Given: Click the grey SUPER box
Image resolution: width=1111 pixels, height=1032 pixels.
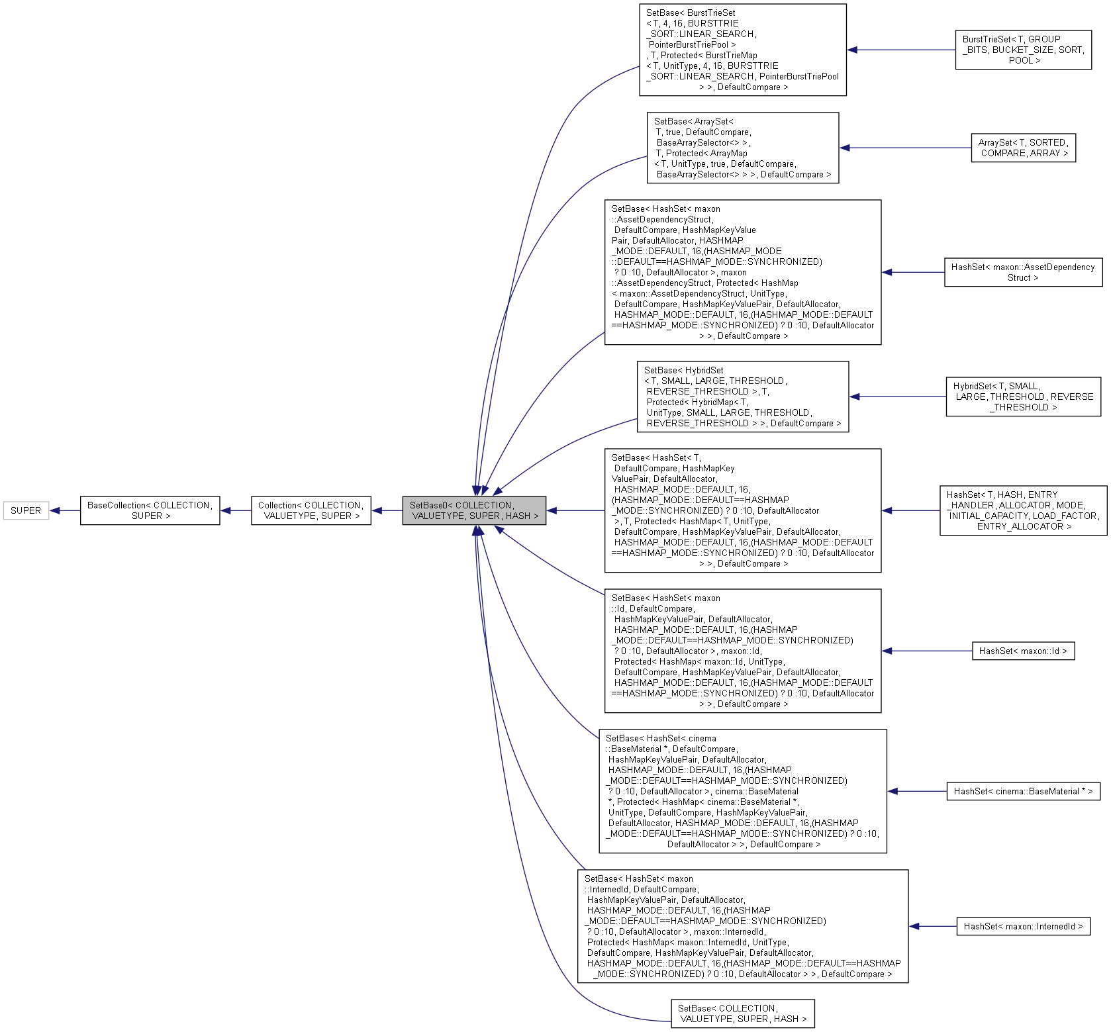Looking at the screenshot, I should coord(26,510).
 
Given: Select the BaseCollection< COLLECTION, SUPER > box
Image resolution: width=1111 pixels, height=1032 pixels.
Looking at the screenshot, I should coord(150,510).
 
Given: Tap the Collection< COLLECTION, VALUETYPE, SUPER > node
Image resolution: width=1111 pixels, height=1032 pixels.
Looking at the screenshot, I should coord(311,510).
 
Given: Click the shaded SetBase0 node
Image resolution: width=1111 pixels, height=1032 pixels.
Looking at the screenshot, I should coord(474,510).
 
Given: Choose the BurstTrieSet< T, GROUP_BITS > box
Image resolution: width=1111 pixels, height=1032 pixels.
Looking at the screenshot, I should coord(1023,50).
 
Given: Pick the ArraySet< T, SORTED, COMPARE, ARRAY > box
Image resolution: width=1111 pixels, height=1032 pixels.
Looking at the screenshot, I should coord(1023,148).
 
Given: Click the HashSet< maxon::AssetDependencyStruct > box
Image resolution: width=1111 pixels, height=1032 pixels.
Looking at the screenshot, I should coord(1023,272).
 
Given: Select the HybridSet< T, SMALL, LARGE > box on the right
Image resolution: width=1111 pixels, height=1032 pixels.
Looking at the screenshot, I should coord(1023,397).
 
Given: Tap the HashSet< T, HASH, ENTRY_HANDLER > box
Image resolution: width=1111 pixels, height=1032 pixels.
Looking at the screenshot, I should coord(1023,510).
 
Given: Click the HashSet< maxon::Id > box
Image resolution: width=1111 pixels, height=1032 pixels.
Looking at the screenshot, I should coord(1023,651).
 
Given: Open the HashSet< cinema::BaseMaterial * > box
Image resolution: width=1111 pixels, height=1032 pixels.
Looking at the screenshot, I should coord(1023,791).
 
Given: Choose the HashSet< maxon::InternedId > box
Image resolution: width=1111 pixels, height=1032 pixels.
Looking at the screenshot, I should coord(1023,926).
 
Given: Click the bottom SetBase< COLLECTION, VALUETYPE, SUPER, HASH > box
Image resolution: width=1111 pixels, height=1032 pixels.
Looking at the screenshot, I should coord(742,1013).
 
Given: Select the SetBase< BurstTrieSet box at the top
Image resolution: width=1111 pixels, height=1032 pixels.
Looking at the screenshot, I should coord(742,50).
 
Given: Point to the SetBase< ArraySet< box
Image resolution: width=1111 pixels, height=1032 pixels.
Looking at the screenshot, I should coord(742,148).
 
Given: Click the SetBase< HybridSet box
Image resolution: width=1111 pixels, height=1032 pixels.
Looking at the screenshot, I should coord(742,397).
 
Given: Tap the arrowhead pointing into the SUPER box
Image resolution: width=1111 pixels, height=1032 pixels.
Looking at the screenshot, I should coord(56,510).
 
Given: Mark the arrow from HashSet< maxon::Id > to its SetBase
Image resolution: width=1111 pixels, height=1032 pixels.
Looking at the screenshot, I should coord(927,651).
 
